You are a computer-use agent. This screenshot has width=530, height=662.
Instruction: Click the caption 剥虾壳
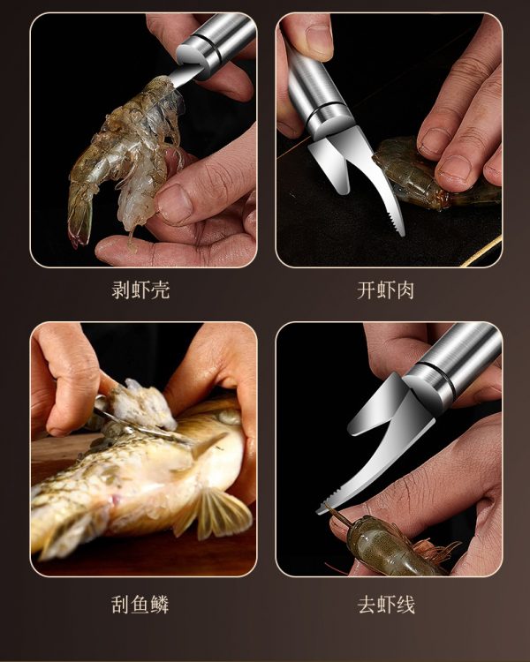[140, 290]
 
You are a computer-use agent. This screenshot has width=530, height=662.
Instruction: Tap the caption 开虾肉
[385, 290]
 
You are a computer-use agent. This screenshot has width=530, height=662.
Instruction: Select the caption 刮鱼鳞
[140, 604]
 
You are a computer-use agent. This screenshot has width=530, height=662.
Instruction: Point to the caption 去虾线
[386, 604]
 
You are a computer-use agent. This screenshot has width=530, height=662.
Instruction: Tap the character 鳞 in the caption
[160, 604]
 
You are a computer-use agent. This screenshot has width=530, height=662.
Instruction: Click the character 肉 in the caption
[405, 290]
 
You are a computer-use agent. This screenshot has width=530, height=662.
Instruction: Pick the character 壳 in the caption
[160, 290]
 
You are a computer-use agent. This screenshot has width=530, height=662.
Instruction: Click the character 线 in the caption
[405, 604]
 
